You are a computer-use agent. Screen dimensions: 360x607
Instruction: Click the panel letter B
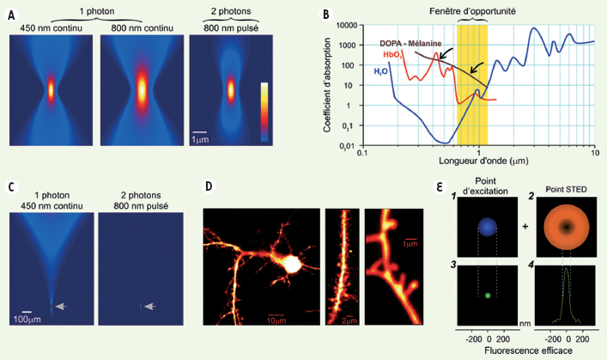click(325, 15)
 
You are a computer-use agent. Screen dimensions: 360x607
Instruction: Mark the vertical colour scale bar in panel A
click(264, 109)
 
